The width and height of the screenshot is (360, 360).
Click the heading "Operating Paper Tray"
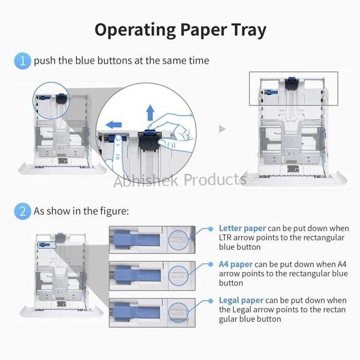click(x=180, y=30)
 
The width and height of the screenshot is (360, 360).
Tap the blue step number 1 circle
click(x=23, y=61)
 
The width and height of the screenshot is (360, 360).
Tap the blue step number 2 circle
click(x=23, y=211)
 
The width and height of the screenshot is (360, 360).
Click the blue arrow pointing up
click(x=150, y=112)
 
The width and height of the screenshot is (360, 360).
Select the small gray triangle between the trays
click(x=222, y=129)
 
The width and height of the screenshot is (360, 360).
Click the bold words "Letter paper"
click(x=242, y=228)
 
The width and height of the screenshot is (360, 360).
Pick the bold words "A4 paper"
click(x=236, y=264)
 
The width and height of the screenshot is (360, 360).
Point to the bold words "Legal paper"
click(x=241, y=300)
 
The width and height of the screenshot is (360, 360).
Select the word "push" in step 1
click(x=45, y=61)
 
